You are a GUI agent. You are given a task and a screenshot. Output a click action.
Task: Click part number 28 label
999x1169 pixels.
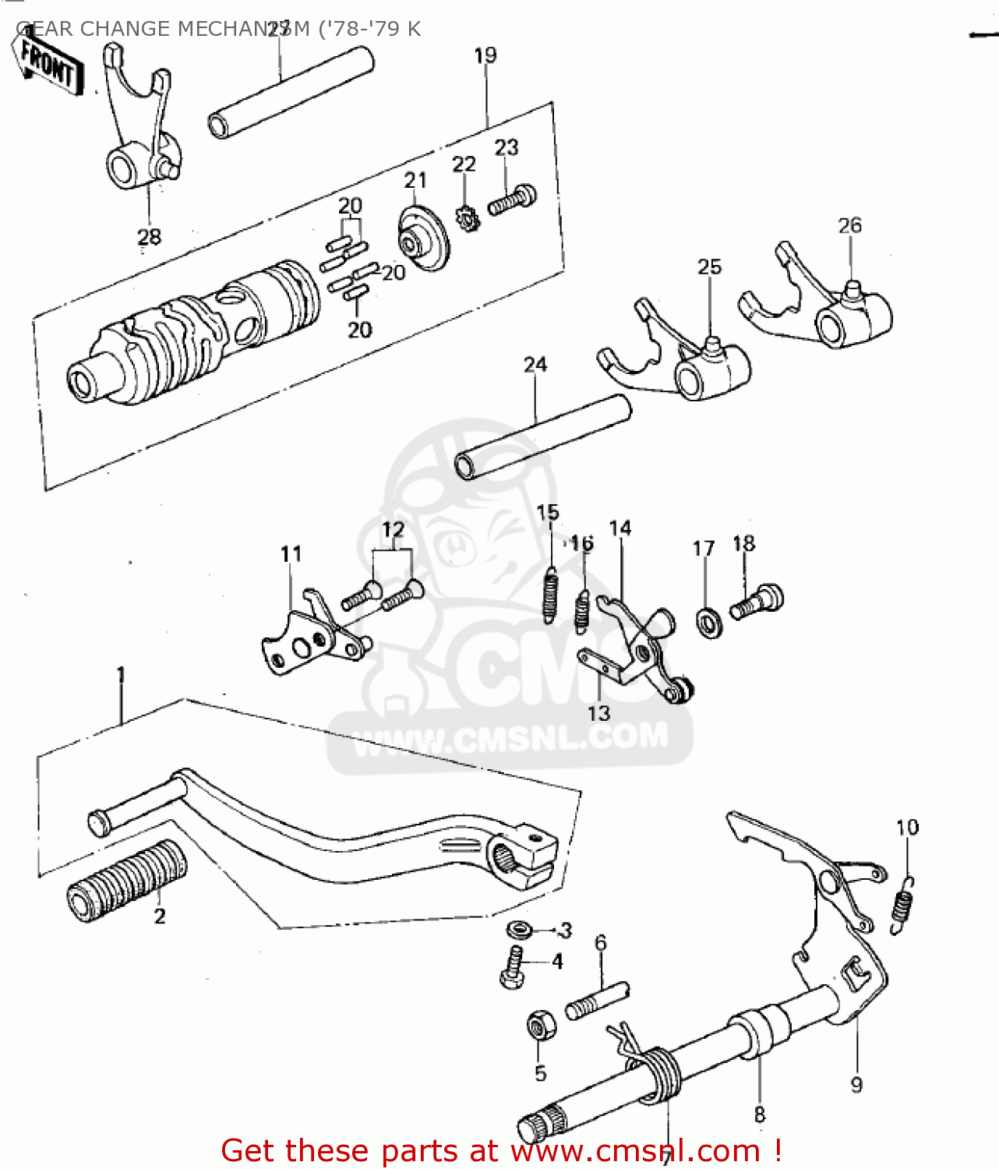click(x=149, y=236)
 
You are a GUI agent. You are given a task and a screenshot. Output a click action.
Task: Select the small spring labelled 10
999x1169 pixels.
click(x=903, y=904)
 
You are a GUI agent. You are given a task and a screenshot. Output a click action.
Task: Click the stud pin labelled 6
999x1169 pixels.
click(x=597, y=1001)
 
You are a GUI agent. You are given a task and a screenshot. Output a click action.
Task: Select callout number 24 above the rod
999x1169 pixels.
click(x=535, y=365)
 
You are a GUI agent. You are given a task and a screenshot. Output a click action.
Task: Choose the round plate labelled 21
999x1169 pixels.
click(x=423, y=238)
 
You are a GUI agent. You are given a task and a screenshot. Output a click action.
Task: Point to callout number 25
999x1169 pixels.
click(x=709, y=267)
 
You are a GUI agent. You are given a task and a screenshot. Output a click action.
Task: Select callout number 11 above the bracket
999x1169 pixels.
click(x=291, y=554)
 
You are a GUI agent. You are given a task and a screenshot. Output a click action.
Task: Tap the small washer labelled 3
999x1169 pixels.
click(x=517, y=929)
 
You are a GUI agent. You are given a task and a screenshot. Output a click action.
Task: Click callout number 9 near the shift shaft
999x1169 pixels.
click(x=856, y=1084)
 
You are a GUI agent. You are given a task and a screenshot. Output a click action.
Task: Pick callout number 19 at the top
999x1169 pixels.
click(x=485, y=55)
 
